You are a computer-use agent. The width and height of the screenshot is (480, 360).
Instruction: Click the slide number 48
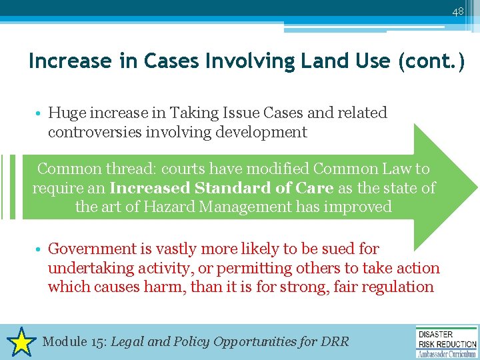(457, 12)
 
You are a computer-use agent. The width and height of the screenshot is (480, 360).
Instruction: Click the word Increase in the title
(70, 61)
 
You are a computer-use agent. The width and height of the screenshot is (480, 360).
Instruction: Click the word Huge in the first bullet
(65, 113)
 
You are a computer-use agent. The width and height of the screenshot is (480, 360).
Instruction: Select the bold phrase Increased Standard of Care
(221, 188)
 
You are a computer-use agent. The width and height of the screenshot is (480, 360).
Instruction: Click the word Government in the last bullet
(91, 249)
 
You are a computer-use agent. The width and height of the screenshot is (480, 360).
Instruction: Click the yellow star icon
(22, 342)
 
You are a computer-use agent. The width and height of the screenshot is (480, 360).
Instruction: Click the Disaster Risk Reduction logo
(446, 342)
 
